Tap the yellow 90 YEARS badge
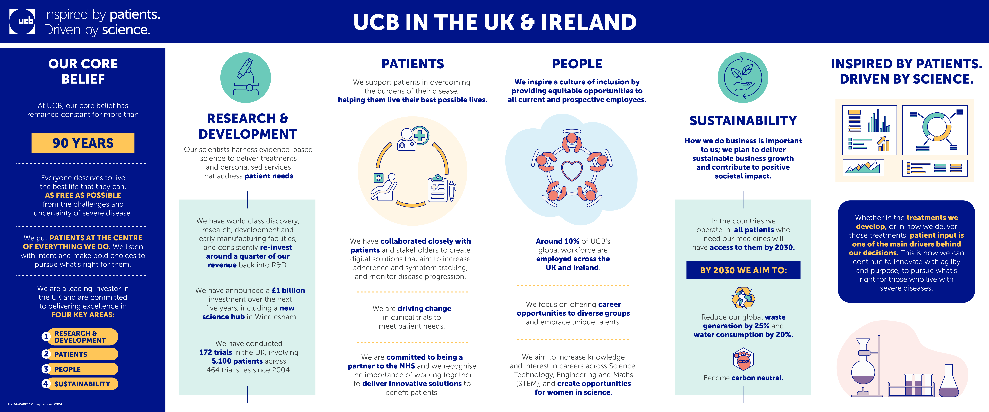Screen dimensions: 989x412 point(83,143)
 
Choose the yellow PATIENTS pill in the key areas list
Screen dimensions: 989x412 point(80,354)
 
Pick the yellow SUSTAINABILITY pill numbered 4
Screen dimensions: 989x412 point(80,384)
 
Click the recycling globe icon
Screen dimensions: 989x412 point(743,298)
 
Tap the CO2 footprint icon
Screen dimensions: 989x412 point(743,359)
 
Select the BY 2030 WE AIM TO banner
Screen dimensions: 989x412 point(743,270)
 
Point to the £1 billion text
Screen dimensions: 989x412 point(288,290)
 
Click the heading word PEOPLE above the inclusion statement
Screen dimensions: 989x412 point(577,64)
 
